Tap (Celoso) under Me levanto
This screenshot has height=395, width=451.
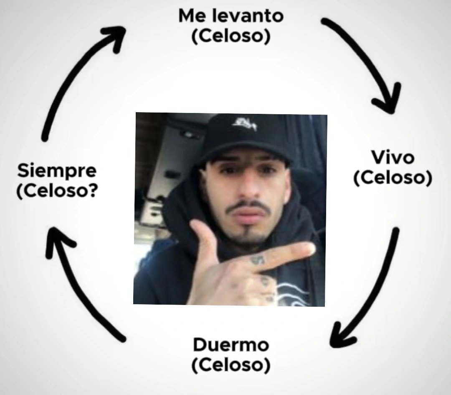click(x=231, y=37)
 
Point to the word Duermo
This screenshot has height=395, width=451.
click(x=231, y=346)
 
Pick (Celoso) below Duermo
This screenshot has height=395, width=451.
click(x=231, y=366)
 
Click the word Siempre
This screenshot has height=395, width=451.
click(x=57, y=171)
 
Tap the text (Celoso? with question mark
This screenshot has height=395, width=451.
click(x=57, y=191)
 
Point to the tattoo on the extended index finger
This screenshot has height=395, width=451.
click(x=258, y=260)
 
